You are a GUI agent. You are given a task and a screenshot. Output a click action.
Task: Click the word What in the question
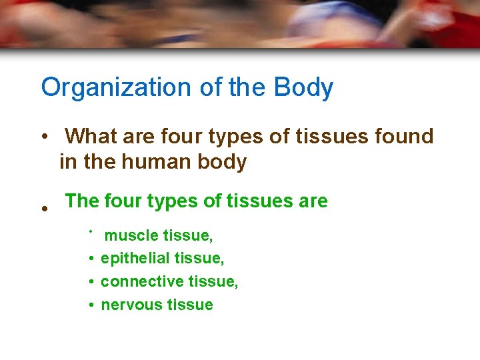click(x=92, y=137)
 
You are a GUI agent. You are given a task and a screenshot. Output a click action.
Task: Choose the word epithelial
click(x=132, y=258)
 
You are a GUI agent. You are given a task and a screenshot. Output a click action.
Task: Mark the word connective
click(x=138, y=281)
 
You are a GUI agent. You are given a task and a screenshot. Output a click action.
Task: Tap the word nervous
click(x=130, y=305)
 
